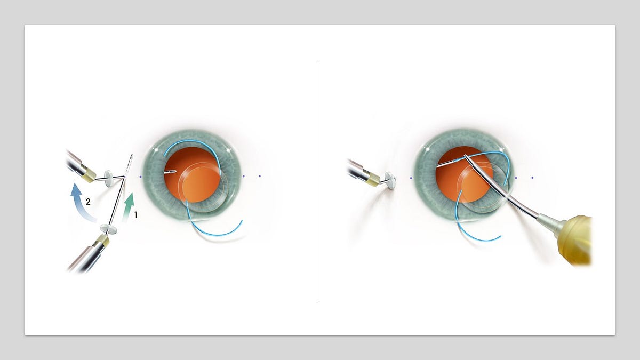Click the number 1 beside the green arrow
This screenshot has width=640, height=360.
(136, 215)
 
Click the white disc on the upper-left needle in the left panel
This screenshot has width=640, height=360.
(110, 178)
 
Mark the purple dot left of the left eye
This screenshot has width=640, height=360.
(140, 176)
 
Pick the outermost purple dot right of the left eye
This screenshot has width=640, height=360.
(260, 176)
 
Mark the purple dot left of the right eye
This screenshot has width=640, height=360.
(411, 178)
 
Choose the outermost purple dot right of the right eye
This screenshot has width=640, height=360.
(532, 178)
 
